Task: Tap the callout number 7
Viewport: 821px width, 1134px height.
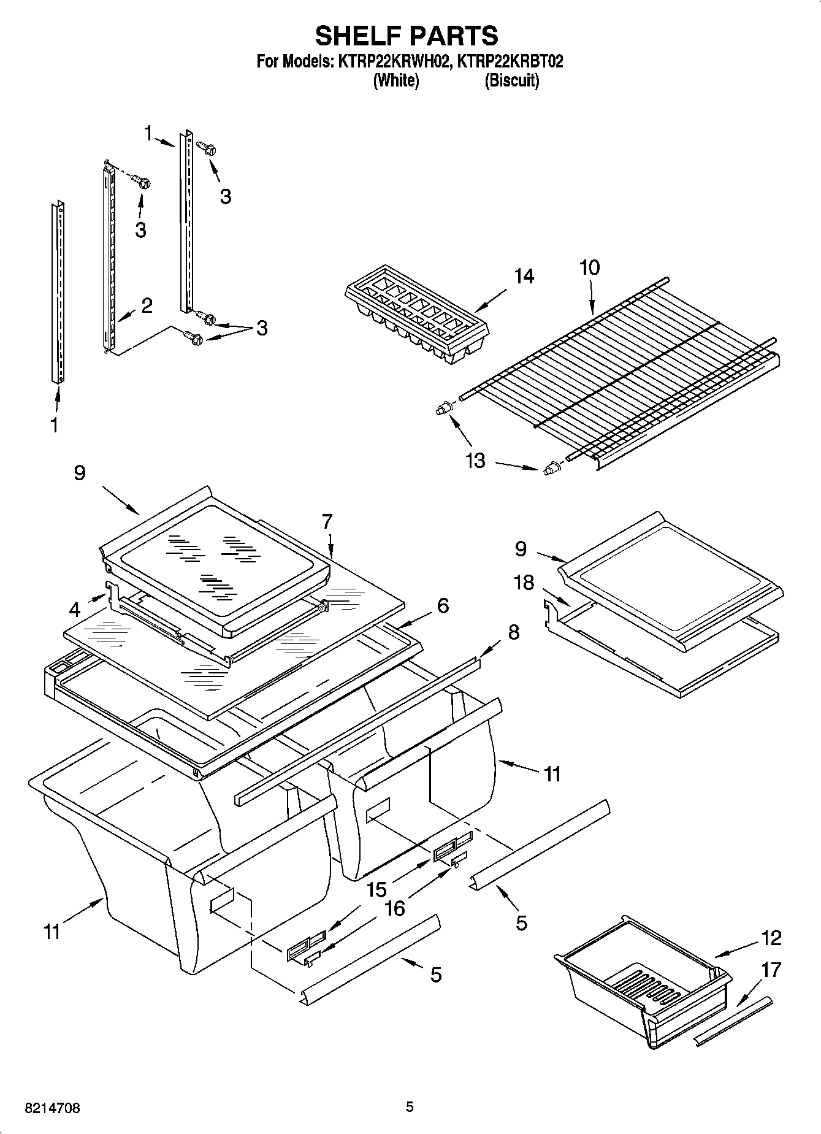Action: point(327,521)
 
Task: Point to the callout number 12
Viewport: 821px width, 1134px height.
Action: point(771,937)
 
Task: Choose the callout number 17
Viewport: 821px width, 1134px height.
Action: point(771,970)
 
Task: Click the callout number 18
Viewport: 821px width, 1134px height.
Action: point(524,582)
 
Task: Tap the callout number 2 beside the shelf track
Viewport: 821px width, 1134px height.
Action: point(147,305)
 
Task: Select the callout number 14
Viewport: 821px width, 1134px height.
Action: point(524,277)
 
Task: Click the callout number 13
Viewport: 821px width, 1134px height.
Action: point(475,460)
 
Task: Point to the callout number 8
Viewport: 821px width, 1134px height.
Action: point(513,632)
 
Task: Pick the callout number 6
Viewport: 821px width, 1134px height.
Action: point(443,605)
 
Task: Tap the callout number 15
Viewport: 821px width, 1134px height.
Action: point(376,888)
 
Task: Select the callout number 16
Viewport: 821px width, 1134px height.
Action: point(395,908)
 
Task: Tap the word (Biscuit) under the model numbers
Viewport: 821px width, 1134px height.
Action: point(512,80)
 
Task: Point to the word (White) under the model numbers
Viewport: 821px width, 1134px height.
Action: point(396,80)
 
